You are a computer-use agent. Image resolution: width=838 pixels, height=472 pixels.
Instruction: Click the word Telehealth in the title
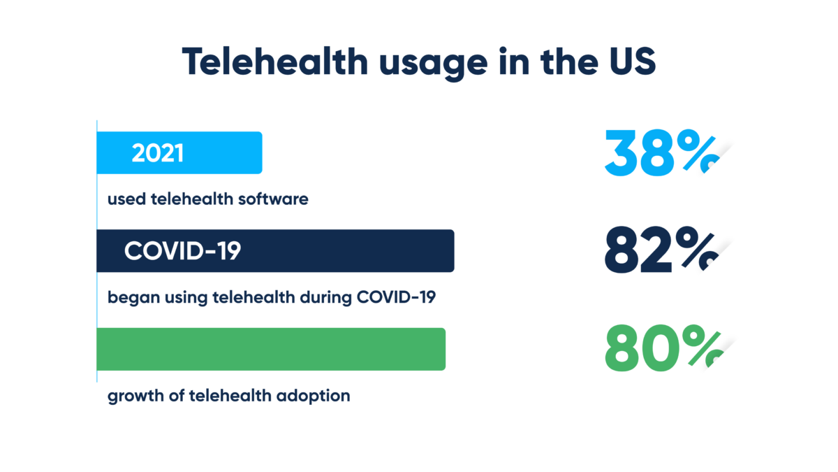pos(275,62)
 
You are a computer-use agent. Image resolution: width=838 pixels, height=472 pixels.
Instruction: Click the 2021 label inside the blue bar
pos(158,152)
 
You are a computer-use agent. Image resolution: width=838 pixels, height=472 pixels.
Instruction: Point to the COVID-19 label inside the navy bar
pos(182,250)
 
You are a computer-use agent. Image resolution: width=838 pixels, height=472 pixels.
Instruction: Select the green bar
pos(271,349)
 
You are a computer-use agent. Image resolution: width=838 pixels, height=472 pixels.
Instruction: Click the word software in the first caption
pos(273,199)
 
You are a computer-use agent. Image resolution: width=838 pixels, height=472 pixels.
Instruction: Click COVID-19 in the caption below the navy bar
pos(397,297)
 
